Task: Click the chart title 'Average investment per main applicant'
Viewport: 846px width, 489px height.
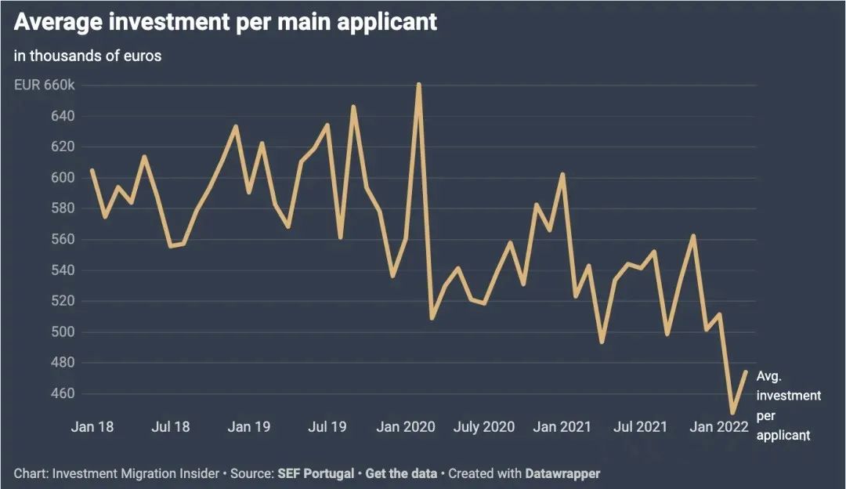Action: tap(226, 23)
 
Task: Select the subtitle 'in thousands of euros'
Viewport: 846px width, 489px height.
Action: tap(88, 56)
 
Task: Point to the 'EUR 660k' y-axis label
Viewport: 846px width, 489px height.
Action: tap(44, 85)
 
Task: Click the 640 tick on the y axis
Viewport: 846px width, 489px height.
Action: tap(63, 116)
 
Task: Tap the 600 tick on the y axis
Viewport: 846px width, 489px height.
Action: tap(63, 178)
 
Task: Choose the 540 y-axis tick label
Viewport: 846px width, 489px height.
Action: tap(63, 270)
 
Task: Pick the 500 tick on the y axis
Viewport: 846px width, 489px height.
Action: tap(63, 331)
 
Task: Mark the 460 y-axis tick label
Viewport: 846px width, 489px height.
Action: tap(63, 393)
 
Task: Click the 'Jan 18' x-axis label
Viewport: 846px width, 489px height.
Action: tap(92, 427)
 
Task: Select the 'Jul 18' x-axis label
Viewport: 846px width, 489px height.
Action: tap(170, 427)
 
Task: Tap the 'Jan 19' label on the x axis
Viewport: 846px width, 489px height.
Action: tap(249, 427)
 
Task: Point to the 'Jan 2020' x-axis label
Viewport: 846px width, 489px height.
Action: tap(405, 427)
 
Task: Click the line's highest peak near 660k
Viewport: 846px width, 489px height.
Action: tap(419, 84)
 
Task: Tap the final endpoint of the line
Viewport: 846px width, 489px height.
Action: tap(746, 372)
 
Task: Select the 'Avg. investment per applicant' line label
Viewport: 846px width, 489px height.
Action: tap(788, 405)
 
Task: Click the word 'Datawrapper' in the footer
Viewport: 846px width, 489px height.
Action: tap(563, 473)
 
